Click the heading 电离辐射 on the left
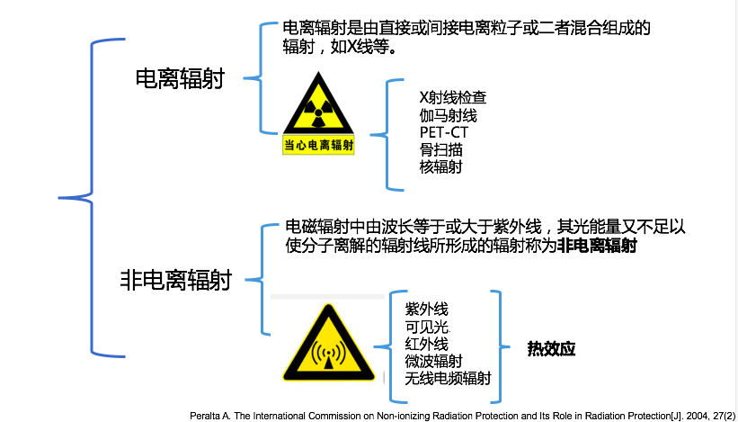pyautogui.click(x=179, y=79)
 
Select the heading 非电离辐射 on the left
pyautogui.click(x=175, y=281)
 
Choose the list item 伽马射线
pyautogui.click(x=448, y=116)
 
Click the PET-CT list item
pyautogui.click(x=443, y=133)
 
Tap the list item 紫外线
pyautogui.click(x=426, y=310)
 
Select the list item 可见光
pyautogui.click(x=427, y=327)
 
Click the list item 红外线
pyautogui.click(x=426, y=344)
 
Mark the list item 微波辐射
pyautogui.click(x=435, y=361)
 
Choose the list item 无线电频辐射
pyautogui.click(x=448, y=379)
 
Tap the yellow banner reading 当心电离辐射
pyautogui.click(x=319, y=144)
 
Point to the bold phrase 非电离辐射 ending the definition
pyautogui.click(x=597, y=246)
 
